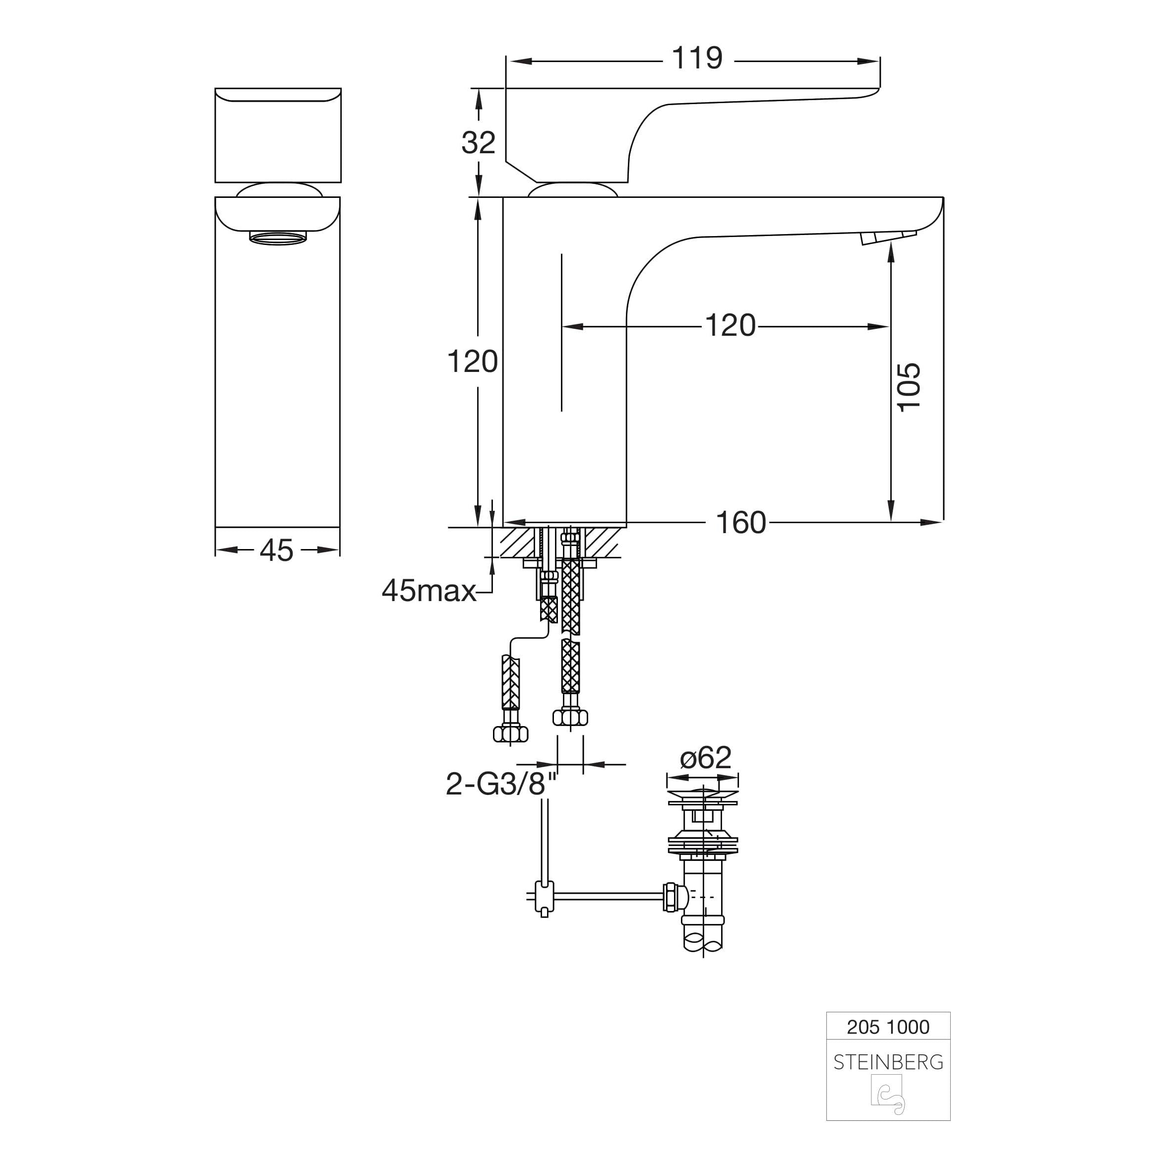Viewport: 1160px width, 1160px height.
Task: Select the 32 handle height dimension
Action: [x=479, y=143]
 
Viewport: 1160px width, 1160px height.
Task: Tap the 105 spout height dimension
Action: [x=909, y=387]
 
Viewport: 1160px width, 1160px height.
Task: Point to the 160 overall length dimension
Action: [x=741, y=523]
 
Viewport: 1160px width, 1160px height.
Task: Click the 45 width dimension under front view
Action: [x=277, y=550]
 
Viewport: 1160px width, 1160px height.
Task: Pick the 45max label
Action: [x=428, y=591]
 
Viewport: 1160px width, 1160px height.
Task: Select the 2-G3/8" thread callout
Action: [x=501, y=784]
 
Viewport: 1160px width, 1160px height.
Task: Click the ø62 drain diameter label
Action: [x=706, y=758]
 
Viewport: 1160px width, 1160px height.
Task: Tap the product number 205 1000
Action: [x=888, y=1027]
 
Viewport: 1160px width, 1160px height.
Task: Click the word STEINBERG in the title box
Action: [x=888, y=1063]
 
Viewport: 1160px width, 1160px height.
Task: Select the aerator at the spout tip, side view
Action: [x=888, y=238]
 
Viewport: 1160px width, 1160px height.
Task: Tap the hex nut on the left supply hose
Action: [x=510, y=733]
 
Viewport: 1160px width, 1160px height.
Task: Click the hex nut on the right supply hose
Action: [x=570, y=717]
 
